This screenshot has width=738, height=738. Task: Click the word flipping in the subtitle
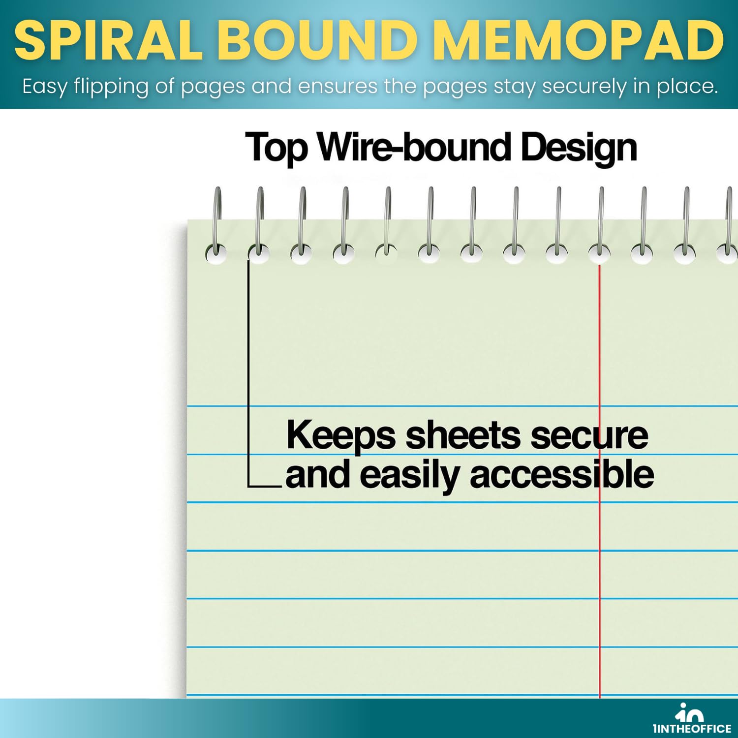111,87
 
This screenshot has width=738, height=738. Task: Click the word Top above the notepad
277,148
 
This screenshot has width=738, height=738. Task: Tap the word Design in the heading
579,148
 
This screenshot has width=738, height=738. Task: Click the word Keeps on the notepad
340,436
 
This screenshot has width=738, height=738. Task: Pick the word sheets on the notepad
463,435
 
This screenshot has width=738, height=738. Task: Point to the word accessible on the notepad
562,474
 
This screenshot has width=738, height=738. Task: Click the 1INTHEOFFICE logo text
692,729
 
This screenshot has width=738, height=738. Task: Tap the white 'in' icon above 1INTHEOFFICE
689,712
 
